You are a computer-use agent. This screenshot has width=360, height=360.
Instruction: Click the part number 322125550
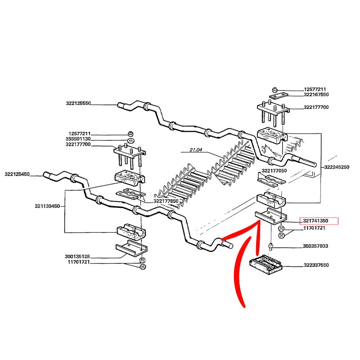[x=78, y=103]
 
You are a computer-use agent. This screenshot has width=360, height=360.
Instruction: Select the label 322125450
[x=17, y=174]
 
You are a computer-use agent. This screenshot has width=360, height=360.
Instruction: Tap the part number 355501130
[x=78, y=139]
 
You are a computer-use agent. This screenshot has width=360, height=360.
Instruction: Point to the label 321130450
[x=47, y=206]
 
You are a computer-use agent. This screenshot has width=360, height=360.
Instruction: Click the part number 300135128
[x=77, y=256]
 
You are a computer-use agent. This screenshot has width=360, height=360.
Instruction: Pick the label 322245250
[x=336, y=167]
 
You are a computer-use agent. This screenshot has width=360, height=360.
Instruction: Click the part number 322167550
[x=316, y=95]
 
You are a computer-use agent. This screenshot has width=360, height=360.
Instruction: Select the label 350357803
[x=316, y=247]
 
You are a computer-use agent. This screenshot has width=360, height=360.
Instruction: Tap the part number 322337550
[x=316, y=265]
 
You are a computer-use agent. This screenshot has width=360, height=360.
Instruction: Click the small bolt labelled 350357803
[x=271, y=246]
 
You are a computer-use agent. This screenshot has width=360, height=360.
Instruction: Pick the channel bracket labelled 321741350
[x=269, y=217]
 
